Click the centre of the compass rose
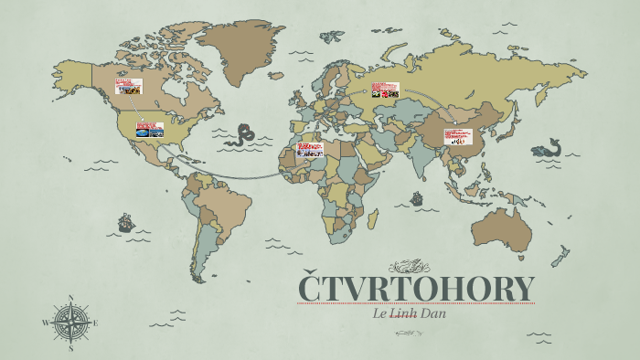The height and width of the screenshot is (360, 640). [x=71, y=323]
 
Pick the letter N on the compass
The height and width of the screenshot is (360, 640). [x=71, y=298]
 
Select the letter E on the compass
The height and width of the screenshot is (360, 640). [x=96, y=323]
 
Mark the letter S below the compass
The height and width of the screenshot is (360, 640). [x=71, y=349]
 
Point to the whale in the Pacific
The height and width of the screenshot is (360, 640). [x=549, y=146]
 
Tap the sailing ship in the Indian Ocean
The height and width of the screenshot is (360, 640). [x=417, y=197]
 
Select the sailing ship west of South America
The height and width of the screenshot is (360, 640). [x=125, y=222]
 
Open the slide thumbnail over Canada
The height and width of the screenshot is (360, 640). [x=128, y=87]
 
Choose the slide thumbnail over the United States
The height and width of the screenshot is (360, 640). [x=150, y=130]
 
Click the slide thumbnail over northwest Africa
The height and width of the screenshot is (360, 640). [x=310, y=149]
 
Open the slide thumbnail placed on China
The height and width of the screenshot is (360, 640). [x=458, y=137]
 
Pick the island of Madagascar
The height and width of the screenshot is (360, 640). [x=372, y=217]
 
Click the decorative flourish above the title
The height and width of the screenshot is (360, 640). [x=409, y=267]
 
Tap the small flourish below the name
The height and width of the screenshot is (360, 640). [x=409, y=334]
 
